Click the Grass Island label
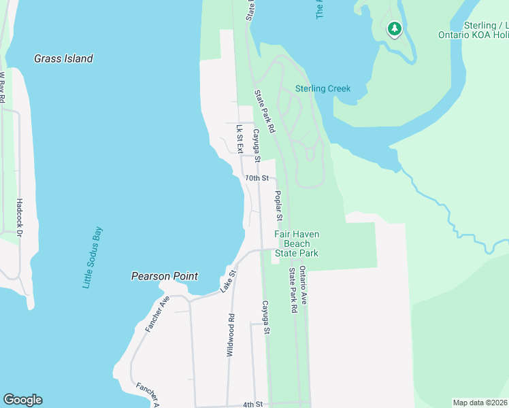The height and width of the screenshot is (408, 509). pyautogui.click(x=63, y=58)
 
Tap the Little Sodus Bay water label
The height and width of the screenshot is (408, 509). pyautogui.click(x=92, y=258)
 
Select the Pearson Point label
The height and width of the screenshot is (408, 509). pyautogui.click(x=164, y=276)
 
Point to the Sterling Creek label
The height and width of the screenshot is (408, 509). pyautogui.click(x=323, y=88)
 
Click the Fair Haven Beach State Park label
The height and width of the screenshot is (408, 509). pyautogui.click(x=296, y=243)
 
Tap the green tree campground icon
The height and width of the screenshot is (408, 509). pyautogui.click(x=394, y=29)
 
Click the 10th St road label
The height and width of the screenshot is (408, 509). pyautogui.click(x=257, y=177)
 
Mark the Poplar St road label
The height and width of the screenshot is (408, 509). pyautogui.click(x=278, y=206)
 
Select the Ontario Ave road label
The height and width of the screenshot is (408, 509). pyautogui.click(x=303, y=286)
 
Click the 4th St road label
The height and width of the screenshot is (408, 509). pyautogui.click(x=252, y=404)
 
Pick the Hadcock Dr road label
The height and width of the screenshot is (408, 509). pyautogui.click(x=20, y=218)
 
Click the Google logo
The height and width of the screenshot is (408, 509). pyautogui.click(x=22, y=400)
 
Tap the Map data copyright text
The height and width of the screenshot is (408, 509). pyautogui.click(x=480, y=403)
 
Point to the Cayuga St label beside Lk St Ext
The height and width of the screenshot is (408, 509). pyautogui.click(x=257, y=146)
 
